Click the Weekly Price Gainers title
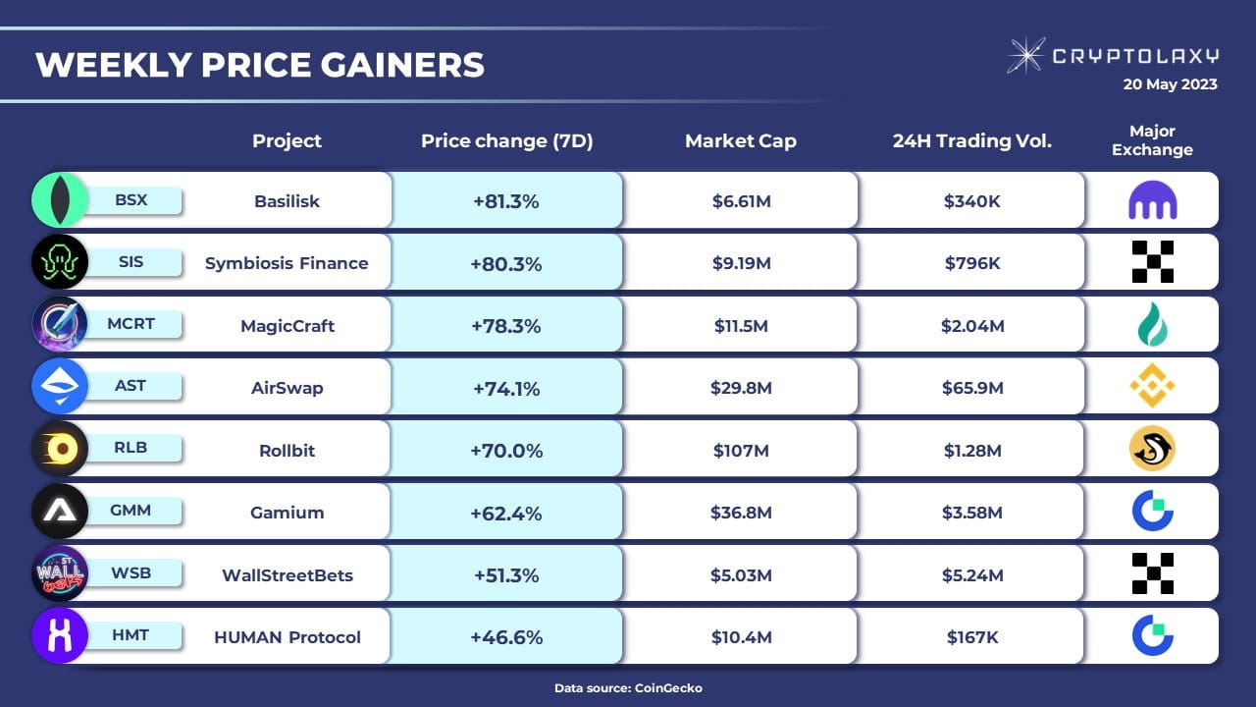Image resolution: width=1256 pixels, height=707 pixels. tap(260, 65)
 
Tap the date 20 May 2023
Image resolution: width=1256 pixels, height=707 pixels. tap(1170, 84)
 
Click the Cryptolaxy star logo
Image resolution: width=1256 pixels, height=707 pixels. tap(1025, 56)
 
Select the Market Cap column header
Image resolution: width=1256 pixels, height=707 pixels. tap(741, 140)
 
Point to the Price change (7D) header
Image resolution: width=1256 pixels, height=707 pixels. tap(506, 140)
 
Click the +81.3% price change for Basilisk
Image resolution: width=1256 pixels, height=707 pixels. tap(506, 201)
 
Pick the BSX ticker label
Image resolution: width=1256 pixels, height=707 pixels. tap(131, 200)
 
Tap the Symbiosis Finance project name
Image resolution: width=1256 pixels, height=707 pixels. tap(287, 263)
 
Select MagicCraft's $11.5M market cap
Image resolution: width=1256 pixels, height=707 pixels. tap(741, 326)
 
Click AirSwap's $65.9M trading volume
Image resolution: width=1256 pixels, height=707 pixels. tap(972, 388)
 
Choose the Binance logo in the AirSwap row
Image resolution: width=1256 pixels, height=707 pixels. tap(1152, 386)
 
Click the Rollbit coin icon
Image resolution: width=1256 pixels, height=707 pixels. tap(60, 450)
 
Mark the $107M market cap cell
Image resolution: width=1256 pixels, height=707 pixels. tap(741, 451)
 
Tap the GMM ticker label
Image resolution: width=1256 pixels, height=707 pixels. tap(131, 511)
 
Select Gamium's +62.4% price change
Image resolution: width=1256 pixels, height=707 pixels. tap(506, 513)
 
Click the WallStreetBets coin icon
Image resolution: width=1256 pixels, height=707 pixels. tap(60, 573)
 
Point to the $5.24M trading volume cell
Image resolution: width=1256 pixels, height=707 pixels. tap(972, 575)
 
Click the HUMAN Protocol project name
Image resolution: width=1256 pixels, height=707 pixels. tap(287, 637)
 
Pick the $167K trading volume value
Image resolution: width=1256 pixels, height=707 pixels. tap(972, 637)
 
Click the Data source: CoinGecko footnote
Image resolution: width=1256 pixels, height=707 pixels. tap(628, 688)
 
